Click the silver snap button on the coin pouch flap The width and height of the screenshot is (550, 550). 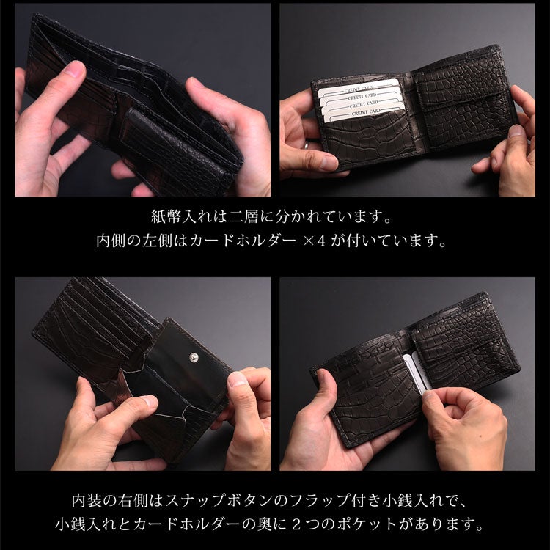pyautogui.click(x=194, y=357)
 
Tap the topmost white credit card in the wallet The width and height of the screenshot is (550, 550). pyautogui.click(x=359, y=88)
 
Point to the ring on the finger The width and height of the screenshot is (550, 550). pyautogui.click(x=307, y=144)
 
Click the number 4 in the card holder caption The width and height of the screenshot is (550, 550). pyautogui.click(x=321, y=241)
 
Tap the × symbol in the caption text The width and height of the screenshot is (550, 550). pyautogui.click(x=309, y=242)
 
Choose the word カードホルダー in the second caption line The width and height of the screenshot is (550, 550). pyautogui.click(x=242, y=241)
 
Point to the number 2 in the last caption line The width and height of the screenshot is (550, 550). pyautogui.click(x=297, y=524)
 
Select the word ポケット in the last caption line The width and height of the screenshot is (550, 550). pyautogui.click(x=367, y=524)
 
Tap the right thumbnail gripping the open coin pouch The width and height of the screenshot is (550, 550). pyautogui.click(x=236, y=379)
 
